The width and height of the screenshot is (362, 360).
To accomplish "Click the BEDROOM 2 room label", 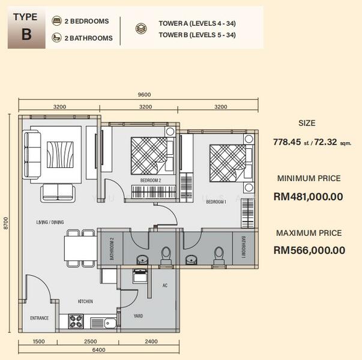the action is coord(151,180).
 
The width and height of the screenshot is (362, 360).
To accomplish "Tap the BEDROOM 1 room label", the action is coord(216,202).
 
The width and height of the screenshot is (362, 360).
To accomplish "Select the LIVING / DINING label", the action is coord(50,222).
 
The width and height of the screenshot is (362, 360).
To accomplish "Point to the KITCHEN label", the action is coord(85,301).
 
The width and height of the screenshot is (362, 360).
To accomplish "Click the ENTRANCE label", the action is coord(40,318).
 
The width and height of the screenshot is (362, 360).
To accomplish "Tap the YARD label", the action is coord(138,316).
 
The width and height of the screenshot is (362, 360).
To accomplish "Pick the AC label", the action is coord(165,286).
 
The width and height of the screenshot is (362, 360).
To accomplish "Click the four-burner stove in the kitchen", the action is coord(76,321).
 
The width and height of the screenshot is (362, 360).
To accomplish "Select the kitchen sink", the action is coord(103,323).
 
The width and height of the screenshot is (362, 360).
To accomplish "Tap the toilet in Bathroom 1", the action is coord(219,256).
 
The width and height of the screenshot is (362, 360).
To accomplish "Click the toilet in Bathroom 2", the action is coord(166,256).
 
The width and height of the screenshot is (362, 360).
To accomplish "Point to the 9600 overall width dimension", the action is coord(144,95).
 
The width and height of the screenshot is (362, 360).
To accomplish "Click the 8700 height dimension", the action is coord(5,223).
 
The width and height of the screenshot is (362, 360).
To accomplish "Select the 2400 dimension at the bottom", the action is coord(151,341).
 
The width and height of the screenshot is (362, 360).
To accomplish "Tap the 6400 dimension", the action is coord(98,350).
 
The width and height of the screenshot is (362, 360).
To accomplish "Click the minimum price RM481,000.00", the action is coord(308,197).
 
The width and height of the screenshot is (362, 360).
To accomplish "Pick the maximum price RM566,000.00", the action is coord(309,250).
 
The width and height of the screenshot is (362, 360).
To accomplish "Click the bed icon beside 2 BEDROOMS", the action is coord(56,21).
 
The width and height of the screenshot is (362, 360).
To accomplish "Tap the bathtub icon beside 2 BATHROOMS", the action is coord(56,37).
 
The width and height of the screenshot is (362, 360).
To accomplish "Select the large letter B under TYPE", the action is coord(26,34).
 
